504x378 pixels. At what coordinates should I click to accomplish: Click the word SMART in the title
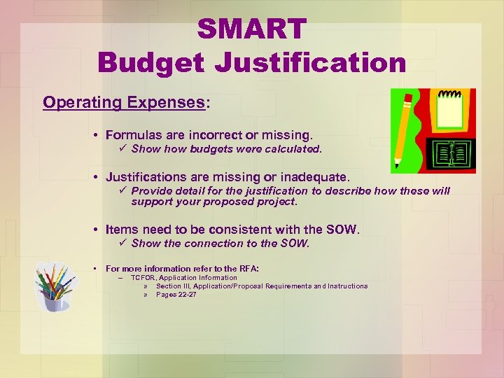click(x=251, y=29)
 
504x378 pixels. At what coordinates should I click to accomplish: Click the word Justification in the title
click(x=310, y=62)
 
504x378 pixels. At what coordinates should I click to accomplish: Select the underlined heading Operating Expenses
click(x=123, y=102)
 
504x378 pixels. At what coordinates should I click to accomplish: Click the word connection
click(x=231, y=244)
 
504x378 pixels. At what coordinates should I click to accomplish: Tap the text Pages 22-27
click(x=176, y=295)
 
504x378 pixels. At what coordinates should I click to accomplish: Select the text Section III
click(x=173, y=286)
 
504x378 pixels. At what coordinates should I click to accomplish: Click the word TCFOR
click(x=142, y=278)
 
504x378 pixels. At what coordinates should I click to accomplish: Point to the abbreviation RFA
click(x=248, y=269)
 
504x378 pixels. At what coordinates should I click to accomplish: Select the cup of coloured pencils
click(x=55, y=288)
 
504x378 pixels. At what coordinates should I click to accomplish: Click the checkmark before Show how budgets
click(x=123, y=148)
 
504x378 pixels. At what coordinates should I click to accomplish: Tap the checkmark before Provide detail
click(x=123, y=190)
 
